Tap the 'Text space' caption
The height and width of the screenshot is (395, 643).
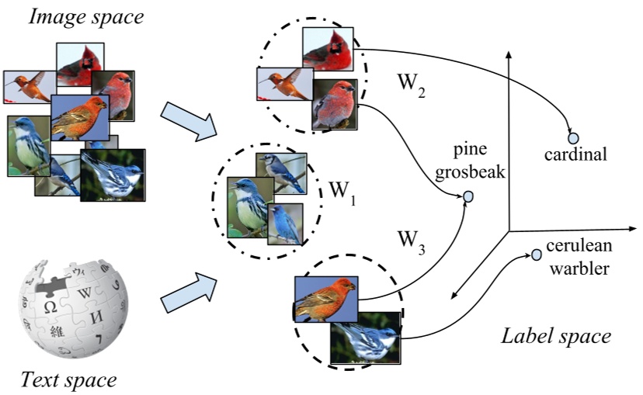(x=68, y=379)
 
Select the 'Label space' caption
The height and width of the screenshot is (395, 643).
(x=555, y=336)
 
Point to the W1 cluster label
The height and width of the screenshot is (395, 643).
(x=342, y=191)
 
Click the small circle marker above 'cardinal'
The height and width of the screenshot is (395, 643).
(x=573, y=137)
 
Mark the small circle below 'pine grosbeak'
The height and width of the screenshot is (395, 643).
(x=468, y=198)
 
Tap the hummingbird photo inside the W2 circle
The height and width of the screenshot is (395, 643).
(x=280, y=85)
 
